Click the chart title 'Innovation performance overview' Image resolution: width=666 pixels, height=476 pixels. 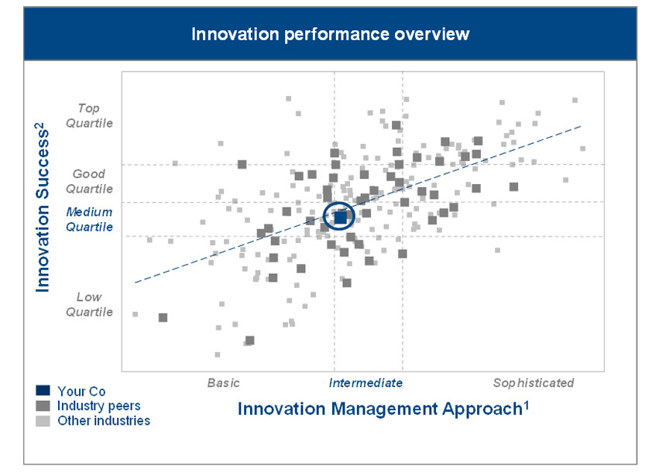pyautogui.click(x=330, y=34)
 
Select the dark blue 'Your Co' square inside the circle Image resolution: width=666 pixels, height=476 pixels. pyautogui.click(x=340, y=217)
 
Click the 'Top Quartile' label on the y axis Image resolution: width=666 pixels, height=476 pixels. pyautogui.click(x=94, y=116)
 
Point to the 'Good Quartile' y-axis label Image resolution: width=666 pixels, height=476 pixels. pyautogui.click(x=90, y=182)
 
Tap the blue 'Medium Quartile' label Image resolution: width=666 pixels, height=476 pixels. pyautogui.click(x=89, y=220)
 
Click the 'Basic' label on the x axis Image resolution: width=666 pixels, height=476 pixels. pyautogui.click(x=224, y=382)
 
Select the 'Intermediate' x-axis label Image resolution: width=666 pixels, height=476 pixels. pyautogui.click(x=366, y=382)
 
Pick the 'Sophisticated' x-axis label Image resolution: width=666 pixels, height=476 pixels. pyautogui.click(x=534, y=382)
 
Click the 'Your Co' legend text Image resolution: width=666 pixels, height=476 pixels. pyautogui.click(x=81, y=392)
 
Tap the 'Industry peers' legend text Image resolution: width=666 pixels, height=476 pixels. pyautogui.click(x=99, y=406)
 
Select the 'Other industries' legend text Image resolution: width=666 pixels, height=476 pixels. pyautogui.click(x=104, y=421)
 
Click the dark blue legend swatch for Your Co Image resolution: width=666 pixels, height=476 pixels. pyautogui.click(x=43, y=392)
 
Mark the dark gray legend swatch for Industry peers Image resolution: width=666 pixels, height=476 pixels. pyautogui.click(x=43, y=406)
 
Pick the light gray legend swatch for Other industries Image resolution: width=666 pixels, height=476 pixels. pyautogui.click(x=43, y=421)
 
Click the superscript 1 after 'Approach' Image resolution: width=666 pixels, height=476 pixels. pyautogui.click(x=526, y=402)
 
